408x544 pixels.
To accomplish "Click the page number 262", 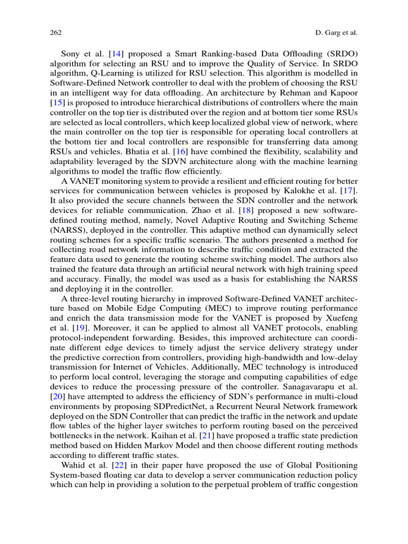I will tap(56, 33).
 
